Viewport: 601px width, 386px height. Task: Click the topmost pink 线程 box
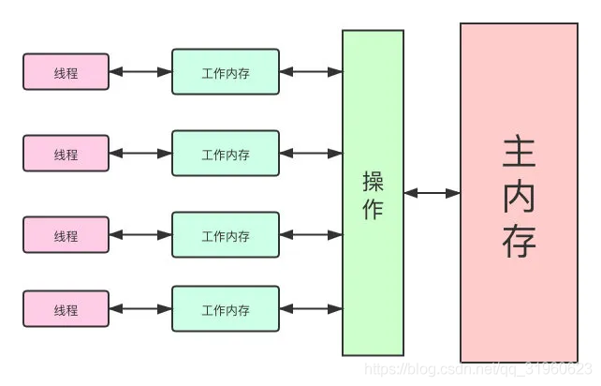tap(66, 72)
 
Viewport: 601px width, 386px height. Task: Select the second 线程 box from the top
tap(66, 154)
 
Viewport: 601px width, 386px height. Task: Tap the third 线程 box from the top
tap(66, 235)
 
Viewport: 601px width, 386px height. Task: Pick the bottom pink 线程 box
tap(66, 309)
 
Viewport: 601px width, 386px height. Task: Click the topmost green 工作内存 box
tap(226, 72)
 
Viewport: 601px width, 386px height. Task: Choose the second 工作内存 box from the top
tap(226, 154)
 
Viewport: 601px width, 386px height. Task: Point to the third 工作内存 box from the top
tap(226, 235)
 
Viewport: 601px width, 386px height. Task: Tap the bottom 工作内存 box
tap(226, 309)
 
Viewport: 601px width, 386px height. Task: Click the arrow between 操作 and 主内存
tap(432, 193)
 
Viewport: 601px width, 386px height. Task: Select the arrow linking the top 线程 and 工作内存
tap(140, 71)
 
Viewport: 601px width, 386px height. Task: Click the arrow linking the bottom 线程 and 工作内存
tap(140, 309)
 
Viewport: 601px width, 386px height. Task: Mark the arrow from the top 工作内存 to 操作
tap(311, 71)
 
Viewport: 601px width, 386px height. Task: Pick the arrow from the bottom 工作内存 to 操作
tap(311, 309)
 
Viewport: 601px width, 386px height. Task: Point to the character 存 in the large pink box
tap(519, 241)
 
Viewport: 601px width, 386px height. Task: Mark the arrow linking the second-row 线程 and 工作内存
tap(140, 154)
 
